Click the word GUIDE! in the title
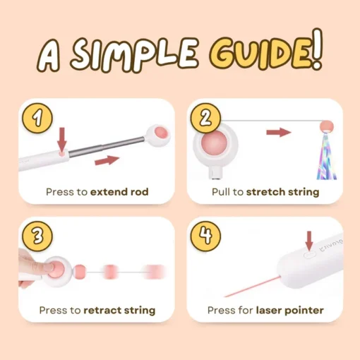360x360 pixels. point(266,51)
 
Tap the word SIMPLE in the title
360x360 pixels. point(135,54)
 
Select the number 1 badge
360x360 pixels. point(37,118)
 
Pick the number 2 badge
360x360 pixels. point(205,118)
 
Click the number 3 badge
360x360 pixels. point(37,236)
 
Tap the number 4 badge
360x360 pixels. point(205,236)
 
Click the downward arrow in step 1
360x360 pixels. point(62,139)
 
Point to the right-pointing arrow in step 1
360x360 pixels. point(107,160)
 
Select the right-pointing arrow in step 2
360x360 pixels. point(279,132)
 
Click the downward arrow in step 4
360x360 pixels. point(309,241)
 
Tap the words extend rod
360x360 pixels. point(119,192)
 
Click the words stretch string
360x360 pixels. point(282,192)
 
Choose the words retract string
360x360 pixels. point(119,311)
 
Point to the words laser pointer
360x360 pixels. point(290,311)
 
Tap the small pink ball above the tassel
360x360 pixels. point(327,126)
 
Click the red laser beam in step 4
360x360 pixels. point(253,287)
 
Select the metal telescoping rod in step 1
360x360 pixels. point(107,146)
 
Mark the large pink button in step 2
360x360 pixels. point(214,143)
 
